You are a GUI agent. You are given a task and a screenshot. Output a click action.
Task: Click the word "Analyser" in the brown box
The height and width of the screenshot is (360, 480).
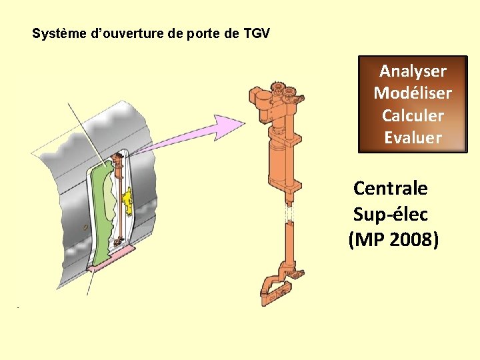[413, 71]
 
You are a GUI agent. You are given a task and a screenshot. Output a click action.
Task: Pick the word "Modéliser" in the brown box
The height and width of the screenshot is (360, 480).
[413, 93]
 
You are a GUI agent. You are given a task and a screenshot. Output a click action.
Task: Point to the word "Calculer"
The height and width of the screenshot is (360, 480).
[413, 115]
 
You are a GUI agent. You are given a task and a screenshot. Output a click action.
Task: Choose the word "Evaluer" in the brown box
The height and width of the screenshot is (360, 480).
[413, 138]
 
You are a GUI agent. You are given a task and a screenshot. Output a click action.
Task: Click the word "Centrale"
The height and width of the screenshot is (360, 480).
[390, 188]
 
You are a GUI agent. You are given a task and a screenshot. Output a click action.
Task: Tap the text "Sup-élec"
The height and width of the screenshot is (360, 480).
[390, 215]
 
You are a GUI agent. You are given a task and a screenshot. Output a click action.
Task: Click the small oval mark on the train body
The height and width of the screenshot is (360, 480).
[85, 227]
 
